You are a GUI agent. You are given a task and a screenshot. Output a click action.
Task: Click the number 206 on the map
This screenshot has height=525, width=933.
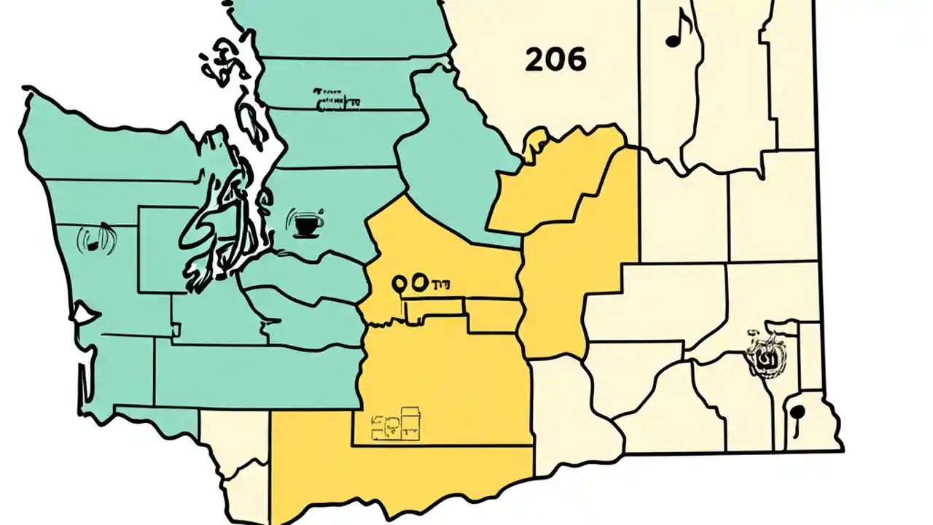[555, 61]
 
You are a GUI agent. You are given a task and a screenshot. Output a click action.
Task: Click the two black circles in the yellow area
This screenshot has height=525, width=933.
[409, 282]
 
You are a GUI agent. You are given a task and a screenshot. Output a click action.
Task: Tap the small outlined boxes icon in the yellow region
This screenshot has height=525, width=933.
[397, 424]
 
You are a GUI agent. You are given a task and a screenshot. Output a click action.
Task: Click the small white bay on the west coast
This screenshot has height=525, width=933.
[83, 315]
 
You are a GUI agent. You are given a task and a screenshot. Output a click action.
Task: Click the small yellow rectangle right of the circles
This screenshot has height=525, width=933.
[493, 315]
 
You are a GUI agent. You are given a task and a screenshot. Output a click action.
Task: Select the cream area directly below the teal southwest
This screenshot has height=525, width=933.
[233, 437]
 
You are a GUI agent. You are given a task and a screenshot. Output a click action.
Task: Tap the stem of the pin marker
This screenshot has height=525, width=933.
[796, 427]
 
